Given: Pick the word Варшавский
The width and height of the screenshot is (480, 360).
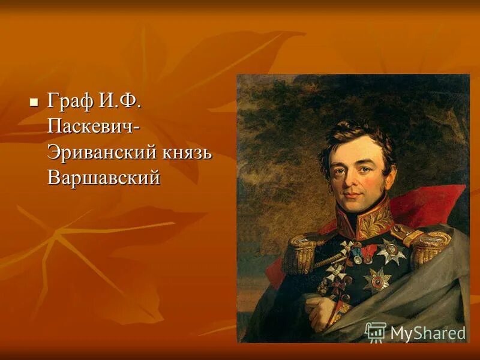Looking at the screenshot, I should pos(104,178).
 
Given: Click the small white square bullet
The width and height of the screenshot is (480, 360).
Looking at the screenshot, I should pos(34,101).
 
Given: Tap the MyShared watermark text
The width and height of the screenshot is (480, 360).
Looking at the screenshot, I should pos(428,333).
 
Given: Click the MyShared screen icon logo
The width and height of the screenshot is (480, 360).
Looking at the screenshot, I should pos(376,332).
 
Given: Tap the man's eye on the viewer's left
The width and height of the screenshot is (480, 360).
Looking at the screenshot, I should pos(340,169).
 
